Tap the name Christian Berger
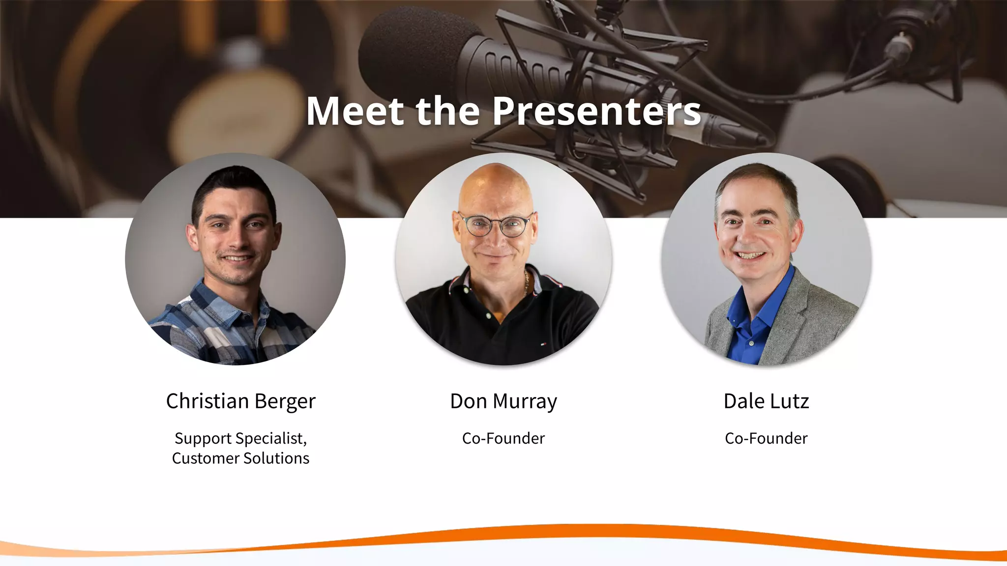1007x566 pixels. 240,401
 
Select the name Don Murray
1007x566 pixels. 503,401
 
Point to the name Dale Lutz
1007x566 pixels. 766,401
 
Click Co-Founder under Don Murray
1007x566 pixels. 503,438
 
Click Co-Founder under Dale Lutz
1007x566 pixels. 766,438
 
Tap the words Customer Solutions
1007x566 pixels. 240,458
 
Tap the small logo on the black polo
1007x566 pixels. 543,343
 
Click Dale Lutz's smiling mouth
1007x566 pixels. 750,255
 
